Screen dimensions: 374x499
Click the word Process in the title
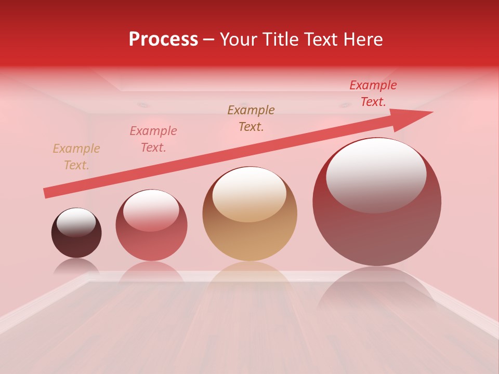coord(163,39)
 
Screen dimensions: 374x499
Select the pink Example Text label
coord(153,139)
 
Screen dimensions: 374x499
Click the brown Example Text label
coord(251,118)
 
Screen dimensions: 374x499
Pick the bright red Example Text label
coord(373,94)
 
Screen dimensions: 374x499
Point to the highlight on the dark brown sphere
coord(76,222)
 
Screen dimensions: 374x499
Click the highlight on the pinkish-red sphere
coord(151,209)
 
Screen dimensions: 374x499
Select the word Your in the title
coord(238,39)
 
